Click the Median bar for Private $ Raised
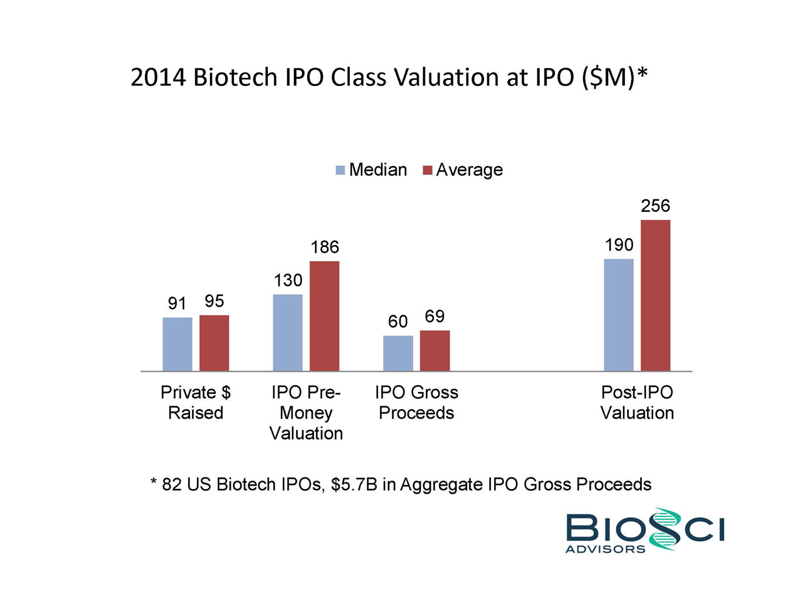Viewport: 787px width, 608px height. coord(177,344)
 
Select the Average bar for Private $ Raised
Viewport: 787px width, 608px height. coord(214,343)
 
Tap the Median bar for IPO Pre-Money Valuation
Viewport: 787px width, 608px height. coord(287,332)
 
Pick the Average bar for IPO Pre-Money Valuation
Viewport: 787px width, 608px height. coord(325,316)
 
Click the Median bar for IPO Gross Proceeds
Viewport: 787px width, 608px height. coord(398,353)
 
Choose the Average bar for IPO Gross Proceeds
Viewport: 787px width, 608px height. coord(434,350)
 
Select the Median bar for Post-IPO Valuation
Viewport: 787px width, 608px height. coord(619,315)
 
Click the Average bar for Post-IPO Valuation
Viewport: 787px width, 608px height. coord(656,295)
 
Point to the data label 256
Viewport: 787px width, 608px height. coord(656,206)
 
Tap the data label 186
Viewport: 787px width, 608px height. coord(325,247)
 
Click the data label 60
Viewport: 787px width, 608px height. coord(398,322)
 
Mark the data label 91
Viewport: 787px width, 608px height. coord(177,304)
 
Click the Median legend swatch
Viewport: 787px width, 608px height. coord(340,170)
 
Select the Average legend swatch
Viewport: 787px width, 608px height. coord(427,170)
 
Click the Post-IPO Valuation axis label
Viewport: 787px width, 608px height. coord(637,403)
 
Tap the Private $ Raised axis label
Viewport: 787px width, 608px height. coord(196,403)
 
